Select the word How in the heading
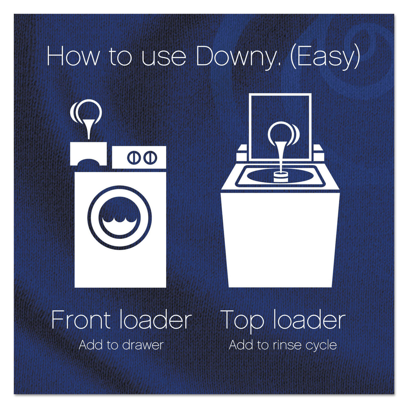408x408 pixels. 73,57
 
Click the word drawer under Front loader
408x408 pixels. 143,345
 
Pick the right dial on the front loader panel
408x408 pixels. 150,157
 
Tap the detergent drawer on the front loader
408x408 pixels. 88,154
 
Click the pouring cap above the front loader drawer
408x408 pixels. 86,112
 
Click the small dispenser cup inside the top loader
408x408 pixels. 280,176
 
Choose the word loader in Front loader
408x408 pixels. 155,320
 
